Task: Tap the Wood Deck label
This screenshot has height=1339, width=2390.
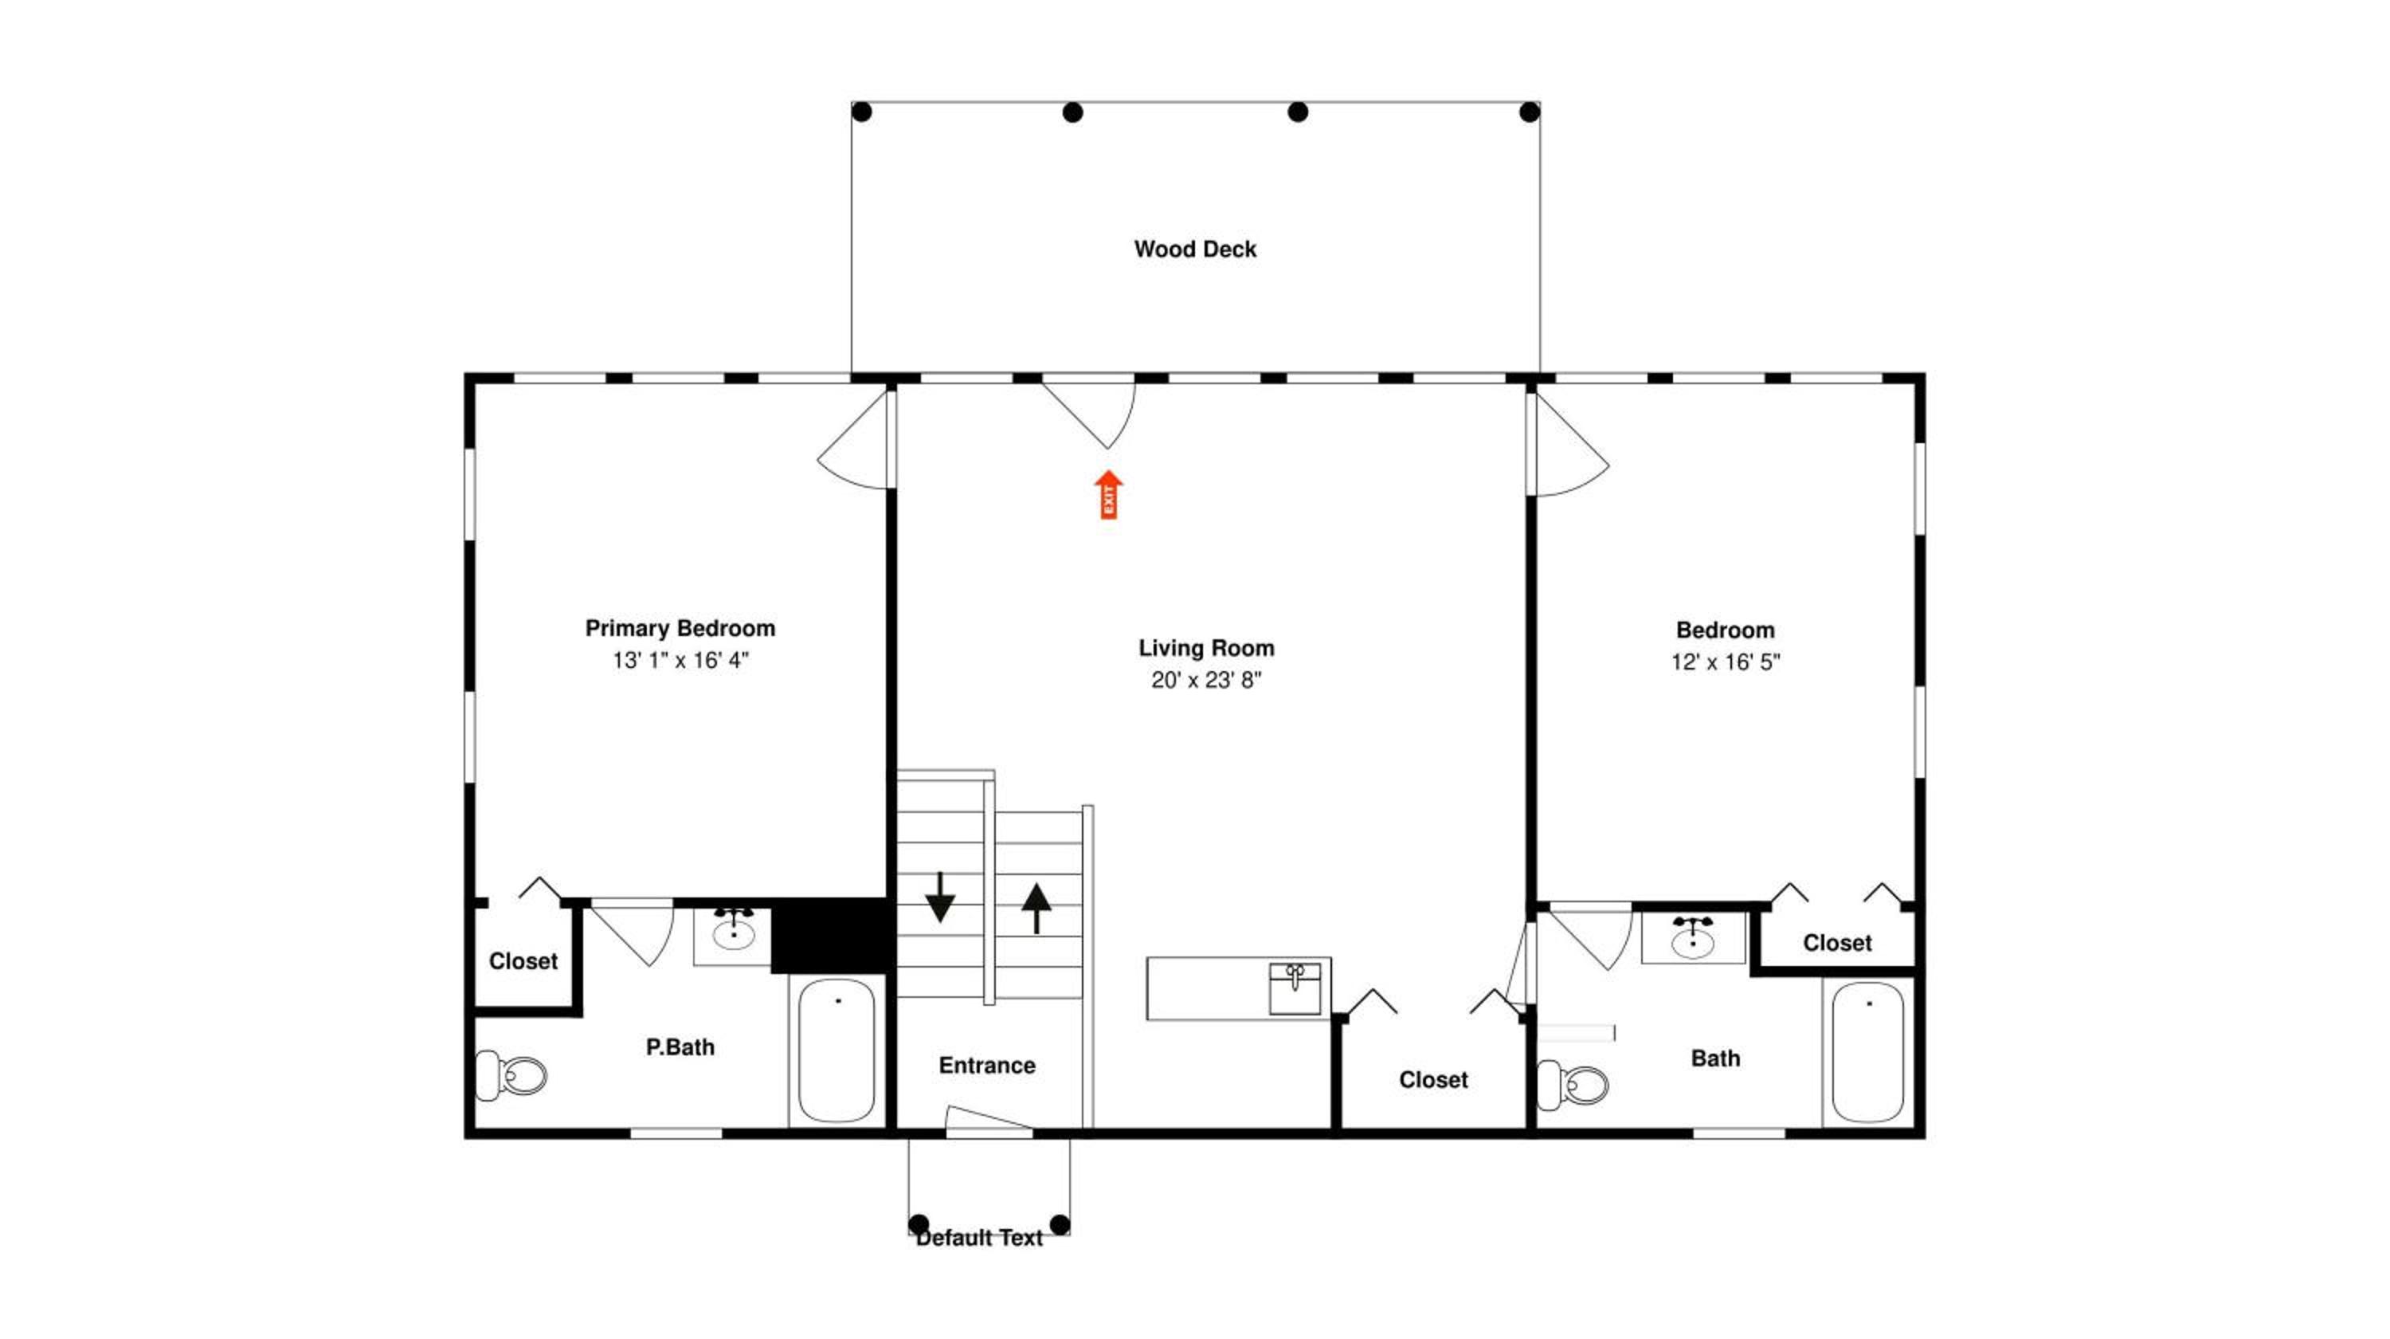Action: tap(1195, 249)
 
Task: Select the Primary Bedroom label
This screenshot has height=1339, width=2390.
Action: tap(680, 628)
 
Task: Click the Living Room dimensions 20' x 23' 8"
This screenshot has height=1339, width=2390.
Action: tap(1206, 680)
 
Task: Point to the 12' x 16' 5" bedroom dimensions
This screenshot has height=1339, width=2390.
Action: tap(1726, 662)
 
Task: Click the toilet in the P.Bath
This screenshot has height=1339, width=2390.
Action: tap(511, 1077)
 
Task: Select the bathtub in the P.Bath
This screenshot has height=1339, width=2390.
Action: tap(836, 1051)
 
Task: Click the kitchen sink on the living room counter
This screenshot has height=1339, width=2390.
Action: tap(1295, 989)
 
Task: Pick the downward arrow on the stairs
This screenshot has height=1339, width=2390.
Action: tap(940, 897)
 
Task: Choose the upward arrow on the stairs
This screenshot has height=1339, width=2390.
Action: tap(1036, 908)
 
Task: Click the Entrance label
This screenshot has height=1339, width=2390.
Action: tap(987, 1066)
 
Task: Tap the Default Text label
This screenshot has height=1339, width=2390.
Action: tap(979, 1238)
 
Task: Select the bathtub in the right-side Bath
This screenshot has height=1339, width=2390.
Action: tap(1867, 1052)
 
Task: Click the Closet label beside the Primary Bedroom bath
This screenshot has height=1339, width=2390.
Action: tap(523, 961)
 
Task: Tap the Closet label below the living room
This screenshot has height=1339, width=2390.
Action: tap(1433, 1080)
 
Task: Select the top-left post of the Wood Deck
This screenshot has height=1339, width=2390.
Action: tap(862, 112)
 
